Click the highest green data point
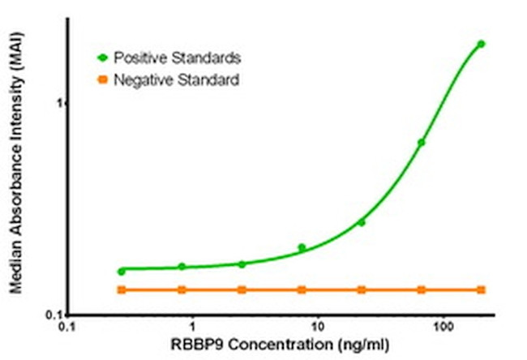481,44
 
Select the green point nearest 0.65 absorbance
422,142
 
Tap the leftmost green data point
122,271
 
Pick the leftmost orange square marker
122,289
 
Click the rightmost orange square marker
481,289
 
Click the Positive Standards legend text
177,58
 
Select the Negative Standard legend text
176,80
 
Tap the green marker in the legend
102,58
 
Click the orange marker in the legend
102,80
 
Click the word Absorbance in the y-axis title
16,201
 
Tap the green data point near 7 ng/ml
302,247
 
